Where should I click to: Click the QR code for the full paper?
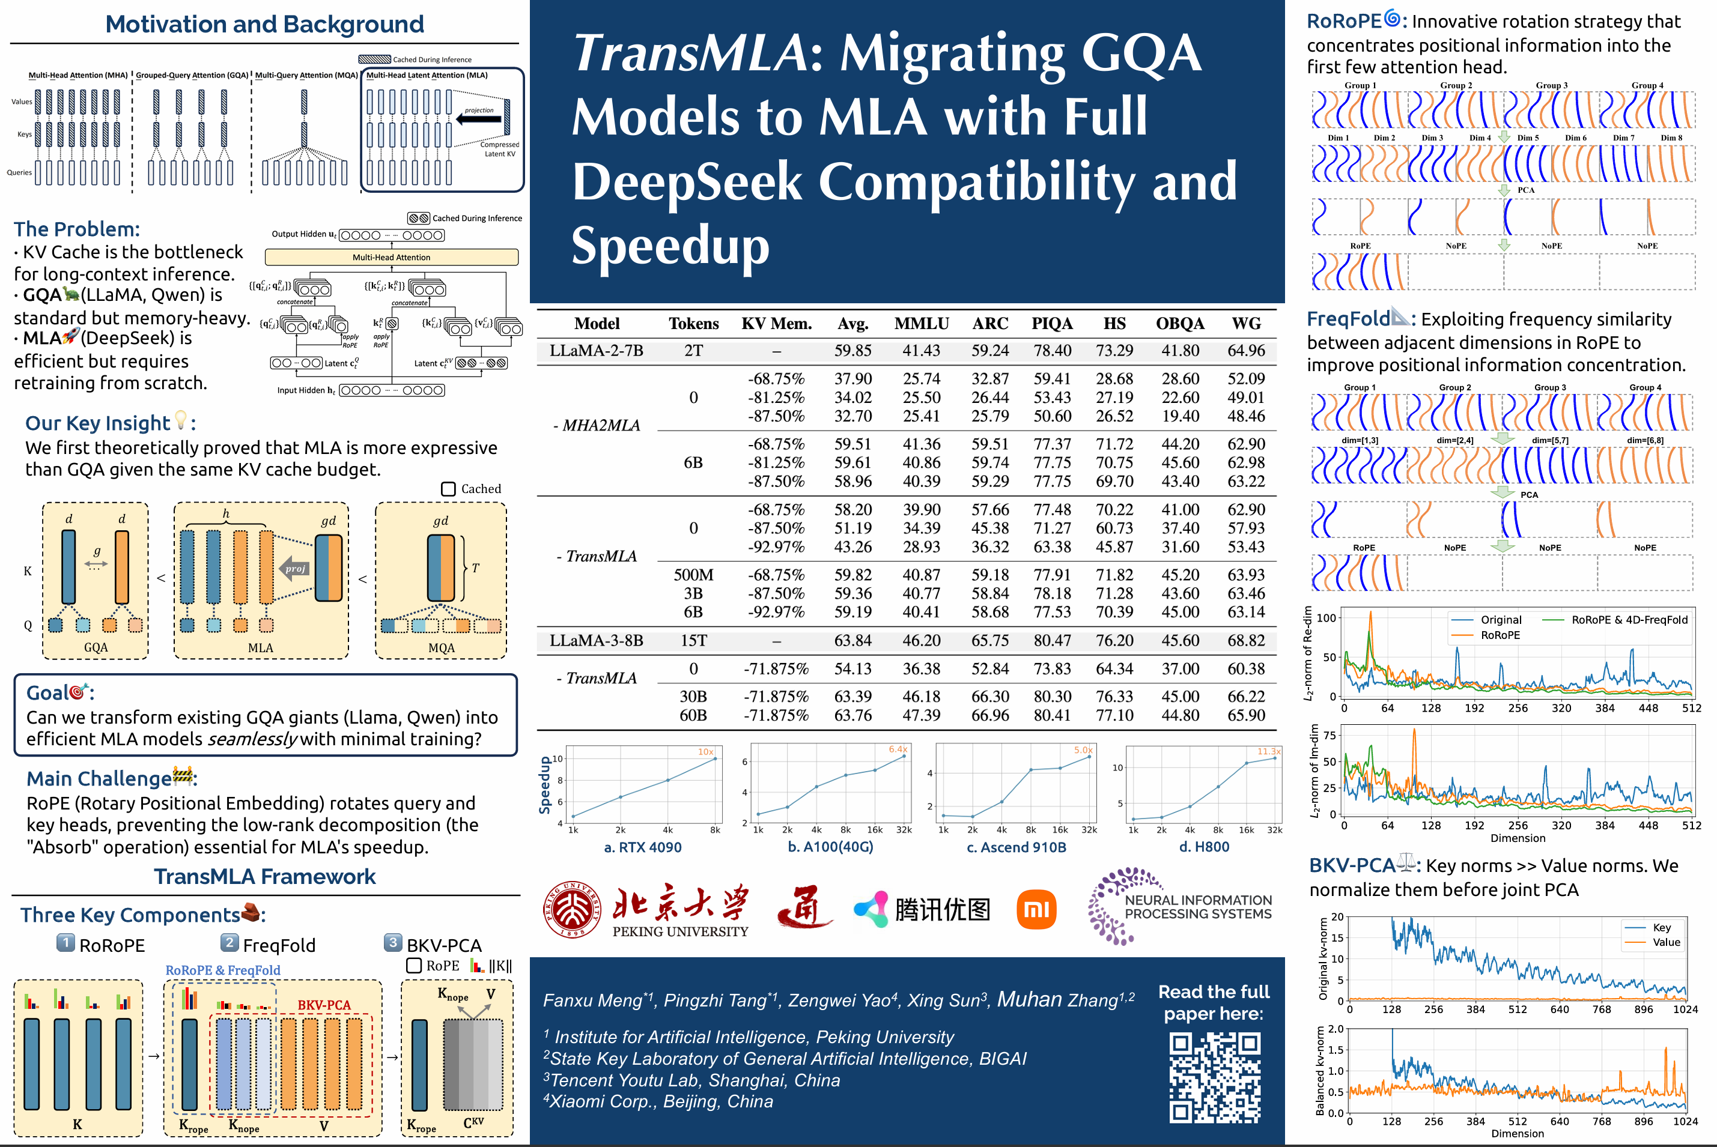pos(1214,1077)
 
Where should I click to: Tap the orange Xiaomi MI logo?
pos(1036,909)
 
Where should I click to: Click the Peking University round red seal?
pos(573,909)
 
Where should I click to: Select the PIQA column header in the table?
pos(1052,323)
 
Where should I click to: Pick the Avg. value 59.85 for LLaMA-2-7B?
pos(852,350)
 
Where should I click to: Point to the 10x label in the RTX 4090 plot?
pos(705,751)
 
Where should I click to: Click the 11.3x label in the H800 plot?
pos(1269,751)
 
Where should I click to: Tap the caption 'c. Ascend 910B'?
pos(1016,847)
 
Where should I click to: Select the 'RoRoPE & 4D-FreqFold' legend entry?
pos(1629,620)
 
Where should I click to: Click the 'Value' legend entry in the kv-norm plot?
pos(1666,942)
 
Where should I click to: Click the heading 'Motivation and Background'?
pos(264,24)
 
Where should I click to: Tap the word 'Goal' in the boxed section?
pos(48,693)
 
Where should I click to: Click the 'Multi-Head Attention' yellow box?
pos(391,258)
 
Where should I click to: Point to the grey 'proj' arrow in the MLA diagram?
pos(295,568)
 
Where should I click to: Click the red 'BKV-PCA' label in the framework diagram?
pos(323,1005)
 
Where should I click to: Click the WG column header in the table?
pos(1246,323)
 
